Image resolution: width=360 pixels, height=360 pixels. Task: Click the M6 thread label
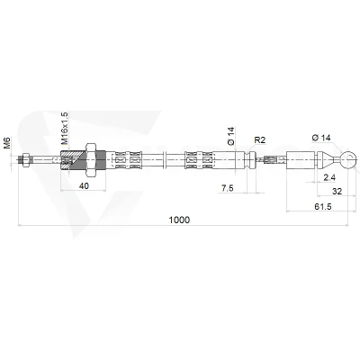7,142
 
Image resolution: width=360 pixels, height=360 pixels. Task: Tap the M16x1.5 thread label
65,128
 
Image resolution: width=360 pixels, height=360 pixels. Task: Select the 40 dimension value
84,186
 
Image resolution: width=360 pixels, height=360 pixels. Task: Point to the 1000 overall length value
179,220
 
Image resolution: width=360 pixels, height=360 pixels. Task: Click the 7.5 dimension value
227,188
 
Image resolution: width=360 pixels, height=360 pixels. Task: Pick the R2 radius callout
260,139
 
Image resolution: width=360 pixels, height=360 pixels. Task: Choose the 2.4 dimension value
329,177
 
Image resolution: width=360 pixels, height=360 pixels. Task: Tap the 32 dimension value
337,191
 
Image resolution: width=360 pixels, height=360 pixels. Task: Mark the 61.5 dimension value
323,206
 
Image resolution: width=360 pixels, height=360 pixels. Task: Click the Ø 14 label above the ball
321,138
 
